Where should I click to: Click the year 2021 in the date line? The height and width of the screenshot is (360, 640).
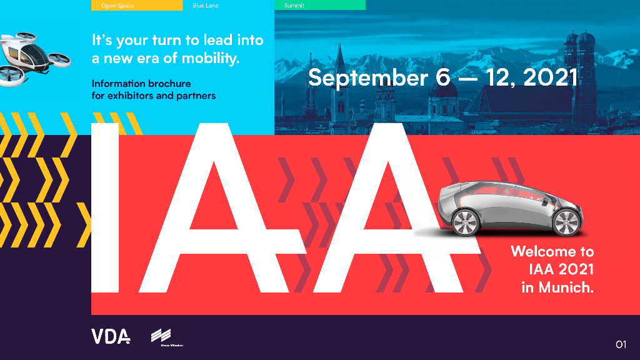[550, 77]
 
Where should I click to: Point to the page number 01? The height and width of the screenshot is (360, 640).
[620, 344]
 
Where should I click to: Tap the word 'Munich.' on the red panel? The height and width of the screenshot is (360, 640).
[566, 288]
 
